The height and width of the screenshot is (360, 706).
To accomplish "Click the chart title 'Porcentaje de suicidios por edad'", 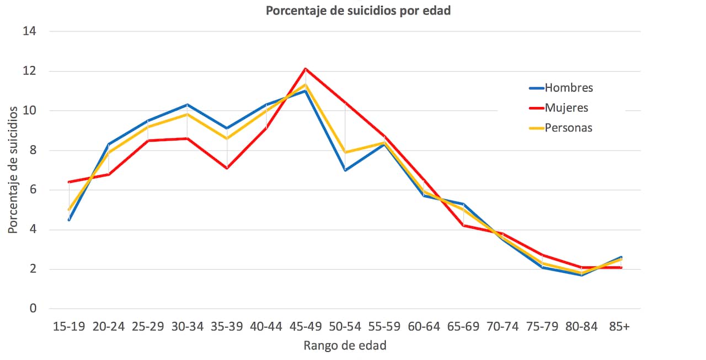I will point(358,11).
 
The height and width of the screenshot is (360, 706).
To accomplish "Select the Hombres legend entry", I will point(568,88).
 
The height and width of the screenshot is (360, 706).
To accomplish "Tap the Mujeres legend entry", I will point(566,108).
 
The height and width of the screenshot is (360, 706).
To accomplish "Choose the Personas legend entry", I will point(568,128).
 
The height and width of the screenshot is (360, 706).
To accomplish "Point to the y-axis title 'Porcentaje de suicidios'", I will point(13,170).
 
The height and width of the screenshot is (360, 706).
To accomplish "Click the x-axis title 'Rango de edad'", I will point(345,346).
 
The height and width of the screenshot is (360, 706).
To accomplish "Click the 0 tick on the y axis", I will point(33,309).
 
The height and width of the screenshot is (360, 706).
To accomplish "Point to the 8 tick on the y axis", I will point(33,151).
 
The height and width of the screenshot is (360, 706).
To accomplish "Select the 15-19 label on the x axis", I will point(69,326).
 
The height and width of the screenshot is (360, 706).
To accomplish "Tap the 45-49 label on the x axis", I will point(306,326).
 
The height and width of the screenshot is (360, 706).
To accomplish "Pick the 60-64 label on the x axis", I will point(424,326).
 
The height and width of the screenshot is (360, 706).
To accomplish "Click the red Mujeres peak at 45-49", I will point(306,69).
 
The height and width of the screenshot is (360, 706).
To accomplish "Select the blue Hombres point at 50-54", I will point(345,170).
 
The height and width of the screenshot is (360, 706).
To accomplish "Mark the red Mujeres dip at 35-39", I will point(227,168).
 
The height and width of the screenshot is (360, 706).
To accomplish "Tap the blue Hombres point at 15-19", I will point(69,220).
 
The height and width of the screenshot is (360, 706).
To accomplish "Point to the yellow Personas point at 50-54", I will point(345,152).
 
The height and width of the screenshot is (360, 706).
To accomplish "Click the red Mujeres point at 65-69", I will point(463,225).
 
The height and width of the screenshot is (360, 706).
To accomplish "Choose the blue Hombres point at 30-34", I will point(188,105).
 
